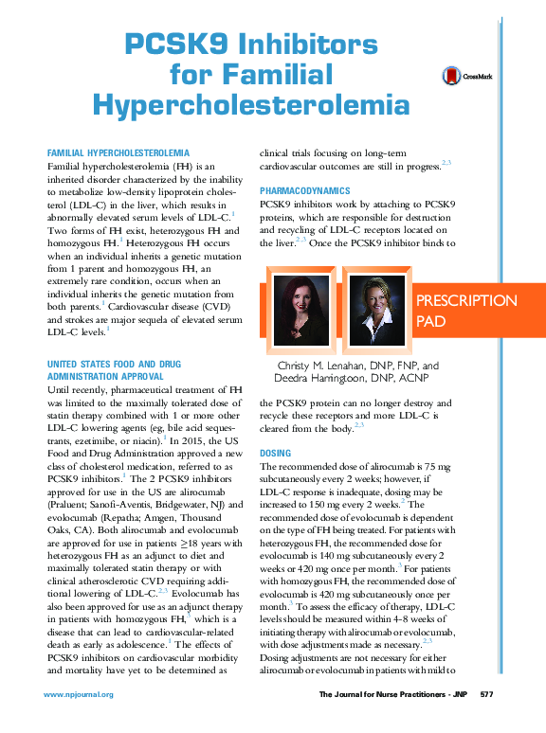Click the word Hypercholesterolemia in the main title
252,105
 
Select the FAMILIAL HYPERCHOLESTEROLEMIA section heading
118,152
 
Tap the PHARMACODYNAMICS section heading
305,191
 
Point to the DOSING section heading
275,454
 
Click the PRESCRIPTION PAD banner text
466,312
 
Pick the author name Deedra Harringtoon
328,379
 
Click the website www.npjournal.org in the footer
79,694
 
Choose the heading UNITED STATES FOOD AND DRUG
114,364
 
